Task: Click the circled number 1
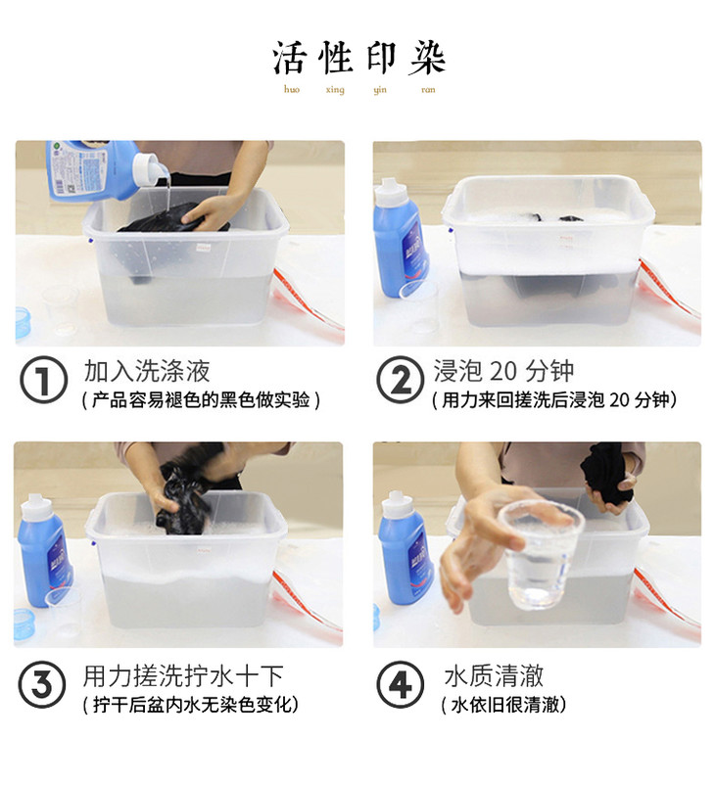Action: (x=44, y=380)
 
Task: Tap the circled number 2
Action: (x=400, y=380)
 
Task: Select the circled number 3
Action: (x=41, y=684)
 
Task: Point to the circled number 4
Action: (x=400, y=684)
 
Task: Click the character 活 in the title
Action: (x=289, y=58)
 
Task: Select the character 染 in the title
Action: (x=427, y=58)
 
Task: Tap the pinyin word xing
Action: (x=335, y=90)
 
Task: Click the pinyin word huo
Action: (x=292, y=89)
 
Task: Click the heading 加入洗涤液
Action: (x=147, y=371)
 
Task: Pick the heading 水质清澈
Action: (x=494, y=675)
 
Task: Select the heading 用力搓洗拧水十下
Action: (x=183, y=675)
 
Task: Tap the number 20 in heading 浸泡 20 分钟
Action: (x=502, y=371)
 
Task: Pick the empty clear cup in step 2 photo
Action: (x=420, y=307)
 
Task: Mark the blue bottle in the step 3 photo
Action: (x=45, y=550)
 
